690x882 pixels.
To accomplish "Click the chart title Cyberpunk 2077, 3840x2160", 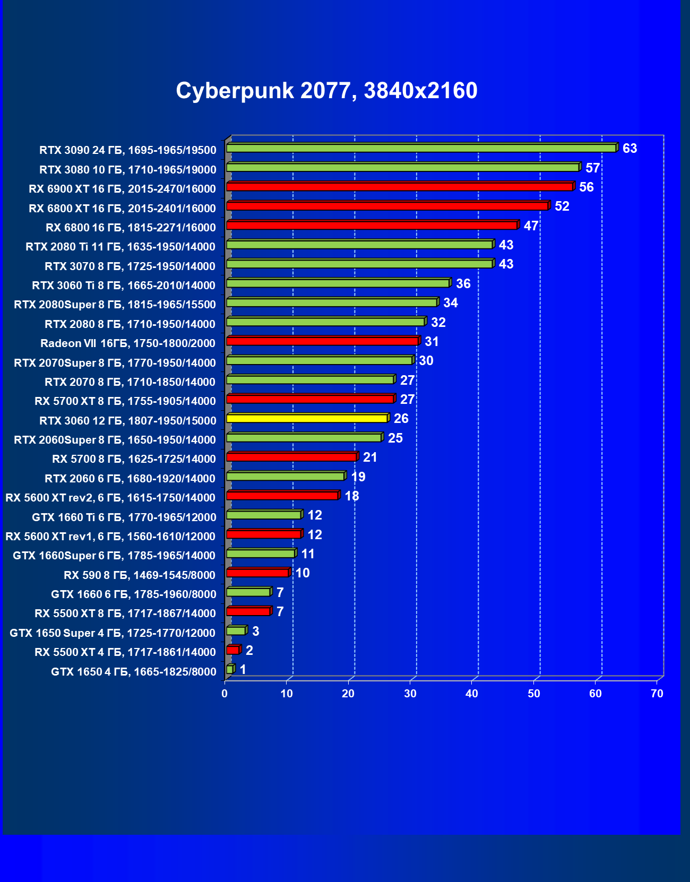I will tap(326, 91).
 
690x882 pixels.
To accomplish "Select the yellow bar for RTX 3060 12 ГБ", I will tap(307, 419).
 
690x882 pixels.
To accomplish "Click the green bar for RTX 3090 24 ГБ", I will tap(421, 148).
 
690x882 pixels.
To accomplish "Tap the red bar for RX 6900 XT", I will tap(399, 187).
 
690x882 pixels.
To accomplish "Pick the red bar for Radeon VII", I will tap(322, 341).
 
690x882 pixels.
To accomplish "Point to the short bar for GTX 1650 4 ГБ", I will tap(230, 670).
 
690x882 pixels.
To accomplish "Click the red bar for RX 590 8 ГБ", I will tap(257, 573).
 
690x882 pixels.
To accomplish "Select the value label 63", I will tap(629, 149).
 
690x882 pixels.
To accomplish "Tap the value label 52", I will tap(562, 206).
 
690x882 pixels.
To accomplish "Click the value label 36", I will tap(463, 284).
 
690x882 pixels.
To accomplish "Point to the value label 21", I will tap(369, 457).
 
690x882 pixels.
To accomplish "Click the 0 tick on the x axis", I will tap(225, 694).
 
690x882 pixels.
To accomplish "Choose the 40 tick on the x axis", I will tap(472, 694).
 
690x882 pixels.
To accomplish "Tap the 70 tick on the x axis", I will tap(657, 694).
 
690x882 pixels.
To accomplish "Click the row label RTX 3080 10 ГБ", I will tap(128, 170).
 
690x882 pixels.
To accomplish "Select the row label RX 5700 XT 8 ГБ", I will tap(125, 401).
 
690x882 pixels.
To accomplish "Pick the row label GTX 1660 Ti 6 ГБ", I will tap(124, 517).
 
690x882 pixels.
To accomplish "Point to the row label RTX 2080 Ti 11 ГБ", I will tap(120, 247).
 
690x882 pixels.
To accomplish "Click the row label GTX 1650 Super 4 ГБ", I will tap(113, 633).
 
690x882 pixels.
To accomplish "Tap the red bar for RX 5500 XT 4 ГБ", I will tap(232, 650).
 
